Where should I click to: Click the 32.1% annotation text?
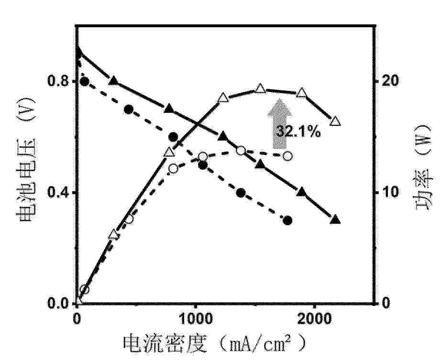pos(298,131)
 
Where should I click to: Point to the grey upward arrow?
pos(282,123)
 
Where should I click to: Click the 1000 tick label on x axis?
pos(195,319)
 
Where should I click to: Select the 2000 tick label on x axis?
pos(314,319)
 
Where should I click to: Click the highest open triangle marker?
pos(260,89)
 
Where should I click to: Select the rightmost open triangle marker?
pos(335,121)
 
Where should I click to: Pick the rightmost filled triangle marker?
pos(335,220)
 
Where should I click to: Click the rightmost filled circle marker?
pos(287,220)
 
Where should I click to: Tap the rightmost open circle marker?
pos(287,156)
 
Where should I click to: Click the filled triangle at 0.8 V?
pos(114,81)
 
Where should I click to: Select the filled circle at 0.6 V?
pos(173,137)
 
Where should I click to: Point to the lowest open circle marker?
pos(85,290)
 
